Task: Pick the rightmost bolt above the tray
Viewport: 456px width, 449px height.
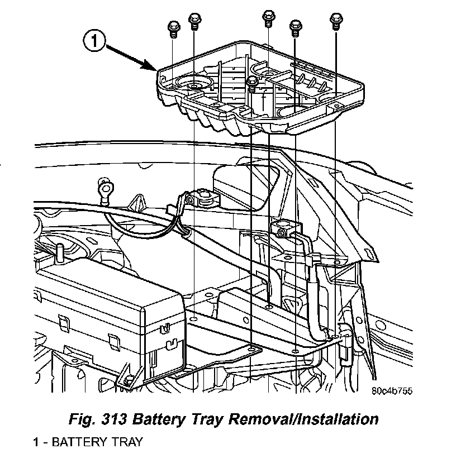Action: tap(336, 20)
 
